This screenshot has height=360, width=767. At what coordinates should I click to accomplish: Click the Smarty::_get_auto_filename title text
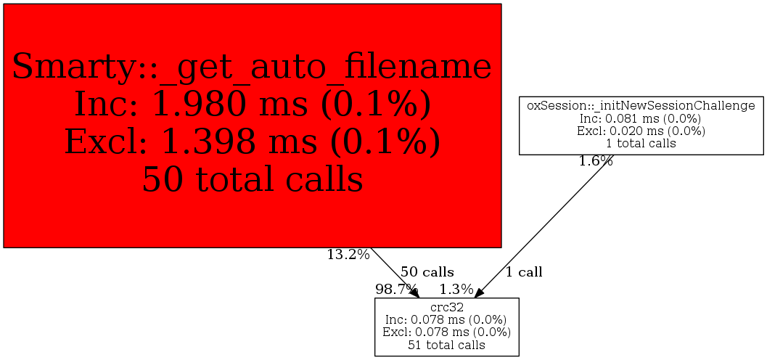pos(252,67)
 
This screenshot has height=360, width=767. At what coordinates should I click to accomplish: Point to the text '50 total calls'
pos(252,178)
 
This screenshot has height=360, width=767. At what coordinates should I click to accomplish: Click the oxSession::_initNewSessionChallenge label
pos(641,106)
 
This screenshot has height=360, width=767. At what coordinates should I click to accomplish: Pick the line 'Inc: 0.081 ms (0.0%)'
pos(641,118)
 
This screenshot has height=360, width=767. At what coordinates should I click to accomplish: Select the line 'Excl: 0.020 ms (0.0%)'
pos(641,131)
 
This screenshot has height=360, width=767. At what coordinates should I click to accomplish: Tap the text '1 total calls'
pos(641,143)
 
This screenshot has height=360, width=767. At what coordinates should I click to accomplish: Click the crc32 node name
pos(446,308)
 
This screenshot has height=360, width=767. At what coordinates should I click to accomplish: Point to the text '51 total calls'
pos(446,345)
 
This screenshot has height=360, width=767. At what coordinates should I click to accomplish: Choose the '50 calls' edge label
pos(427,272)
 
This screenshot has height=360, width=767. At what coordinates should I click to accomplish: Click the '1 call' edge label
pos(524,272)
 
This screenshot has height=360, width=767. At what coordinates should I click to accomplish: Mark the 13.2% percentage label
pos(348,255)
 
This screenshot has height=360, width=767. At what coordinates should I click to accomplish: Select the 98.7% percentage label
pos(396,289)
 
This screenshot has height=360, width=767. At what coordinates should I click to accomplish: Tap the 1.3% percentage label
pos(456,289)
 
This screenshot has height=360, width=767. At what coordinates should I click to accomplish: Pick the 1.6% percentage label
pos(595,161)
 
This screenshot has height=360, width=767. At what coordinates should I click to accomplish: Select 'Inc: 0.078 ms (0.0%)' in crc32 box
pos(446,320)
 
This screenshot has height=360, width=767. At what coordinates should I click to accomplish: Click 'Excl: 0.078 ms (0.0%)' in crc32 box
pos(446,332)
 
